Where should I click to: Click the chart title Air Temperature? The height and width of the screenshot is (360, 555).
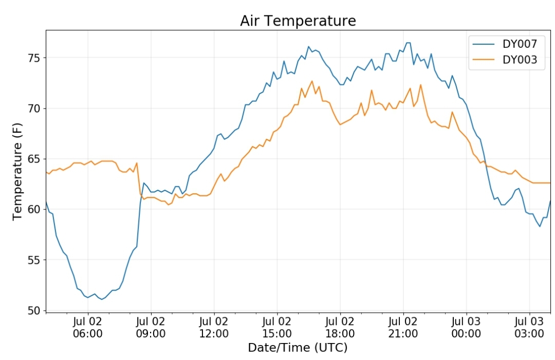298,21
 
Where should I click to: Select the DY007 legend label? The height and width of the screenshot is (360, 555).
520,44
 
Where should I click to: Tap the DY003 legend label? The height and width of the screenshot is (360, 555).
520,60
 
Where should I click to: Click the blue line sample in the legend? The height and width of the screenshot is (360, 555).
484,44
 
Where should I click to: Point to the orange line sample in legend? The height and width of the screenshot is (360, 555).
484,60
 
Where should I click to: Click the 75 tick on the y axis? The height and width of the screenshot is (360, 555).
35,58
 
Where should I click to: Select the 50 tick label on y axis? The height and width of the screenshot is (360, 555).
35,311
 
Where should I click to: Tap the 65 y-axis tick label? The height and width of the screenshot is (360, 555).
35,159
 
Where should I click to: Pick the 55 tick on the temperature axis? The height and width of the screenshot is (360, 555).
35,260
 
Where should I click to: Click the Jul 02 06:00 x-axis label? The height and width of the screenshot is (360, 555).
88,328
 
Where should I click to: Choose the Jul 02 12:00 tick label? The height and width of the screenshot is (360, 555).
214,328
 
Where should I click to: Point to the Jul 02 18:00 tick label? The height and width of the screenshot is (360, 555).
340,328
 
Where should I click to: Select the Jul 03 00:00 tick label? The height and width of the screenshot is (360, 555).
466,328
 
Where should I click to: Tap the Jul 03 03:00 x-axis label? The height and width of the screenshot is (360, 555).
529,328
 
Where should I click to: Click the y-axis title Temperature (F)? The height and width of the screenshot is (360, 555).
17,171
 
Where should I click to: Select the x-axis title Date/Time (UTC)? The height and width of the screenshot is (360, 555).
298,348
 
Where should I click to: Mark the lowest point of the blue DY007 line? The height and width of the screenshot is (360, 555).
102,299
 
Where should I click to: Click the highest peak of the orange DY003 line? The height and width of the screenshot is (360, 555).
312,81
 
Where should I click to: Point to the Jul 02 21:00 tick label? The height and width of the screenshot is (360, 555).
403,328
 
